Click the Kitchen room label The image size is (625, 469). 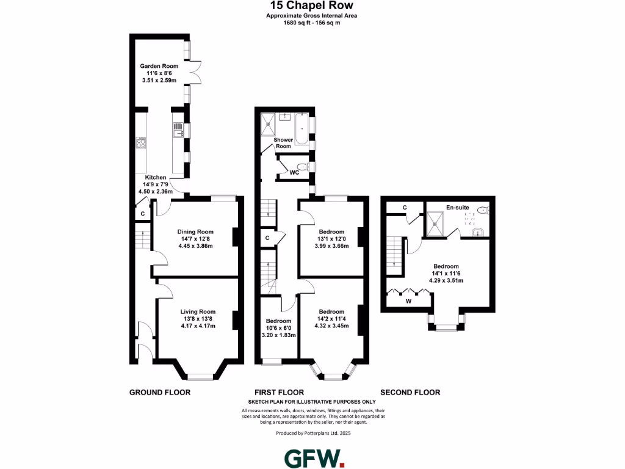pos(156,177)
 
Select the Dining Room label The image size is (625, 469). pos(195,231)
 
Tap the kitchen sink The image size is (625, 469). pos(178,130)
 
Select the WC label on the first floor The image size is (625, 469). pos(294,173)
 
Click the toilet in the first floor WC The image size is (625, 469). pos(301,166)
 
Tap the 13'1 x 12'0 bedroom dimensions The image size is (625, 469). pos(332,239)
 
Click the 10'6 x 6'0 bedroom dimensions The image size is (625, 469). pos(278,328)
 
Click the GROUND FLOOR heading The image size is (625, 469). pos(160,392)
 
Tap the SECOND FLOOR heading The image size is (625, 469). pos(410,392)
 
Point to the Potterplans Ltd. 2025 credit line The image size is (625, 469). pos(313,433)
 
